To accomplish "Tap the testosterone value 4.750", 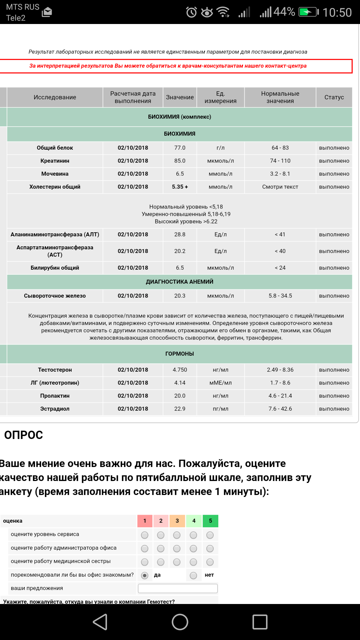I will click(x=180, y=370).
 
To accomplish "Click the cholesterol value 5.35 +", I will click(x=180, y=187).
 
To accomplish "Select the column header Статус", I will click(x=334, y=97).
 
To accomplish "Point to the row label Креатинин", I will click(x=55, y=161).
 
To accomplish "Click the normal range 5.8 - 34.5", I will click(x=280, y=296).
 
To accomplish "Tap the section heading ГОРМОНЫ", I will click(x=179, y=354).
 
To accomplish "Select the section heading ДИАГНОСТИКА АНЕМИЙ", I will click(x=179, y=282).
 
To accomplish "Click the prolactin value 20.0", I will click(x=180, y=396).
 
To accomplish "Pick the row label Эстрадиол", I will click(x=55, y=409).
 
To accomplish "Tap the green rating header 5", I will click(x=210, y=521).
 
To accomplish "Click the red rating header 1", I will click(x=145, y=521).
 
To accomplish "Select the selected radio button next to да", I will click(x=145, y=575).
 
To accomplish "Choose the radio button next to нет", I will click(x=193, y=575).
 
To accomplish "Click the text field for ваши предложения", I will click(x=178, y=588).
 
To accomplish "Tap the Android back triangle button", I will click(x=100, y=622).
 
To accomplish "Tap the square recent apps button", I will click(x=260, y=622).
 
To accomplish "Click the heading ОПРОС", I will click(x=23, y=435).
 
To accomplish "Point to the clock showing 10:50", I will click(x=337, y=12).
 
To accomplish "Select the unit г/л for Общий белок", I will click(x=220, y=148).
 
